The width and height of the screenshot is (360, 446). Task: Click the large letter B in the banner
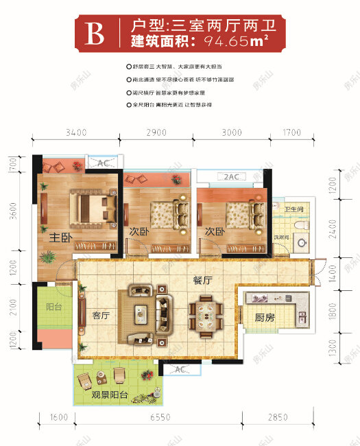(95, 33)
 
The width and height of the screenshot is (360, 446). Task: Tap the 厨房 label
(265, 318)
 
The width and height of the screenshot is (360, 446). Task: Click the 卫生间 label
(294, 208)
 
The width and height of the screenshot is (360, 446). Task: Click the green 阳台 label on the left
(53, 307)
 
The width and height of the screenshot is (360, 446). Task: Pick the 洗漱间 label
(282, 237)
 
